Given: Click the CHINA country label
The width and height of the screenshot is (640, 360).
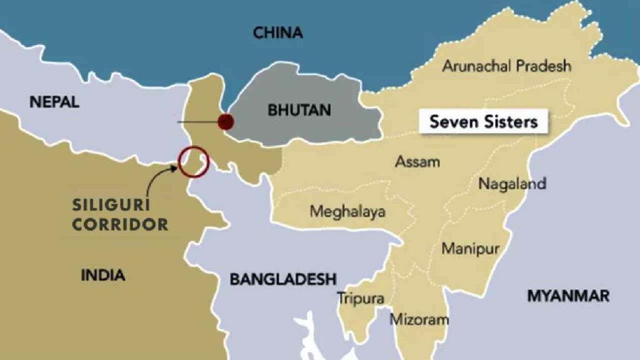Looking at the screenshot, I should coord(277,33).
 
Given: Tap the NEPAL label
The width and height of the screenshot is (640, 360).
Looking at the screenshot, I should coord(54,102).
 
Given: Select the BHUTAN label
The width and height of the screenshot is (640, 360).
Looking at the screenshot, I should coord(299,111).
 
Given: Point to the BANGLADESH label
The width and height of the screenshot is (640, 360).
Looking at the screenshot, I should coord(282,279).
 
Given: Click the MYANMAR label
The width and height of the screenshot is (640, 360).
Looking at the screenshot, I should coord(568,296).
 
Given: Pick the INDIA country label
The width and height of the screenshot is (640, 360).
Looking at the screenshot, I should coord(103,274).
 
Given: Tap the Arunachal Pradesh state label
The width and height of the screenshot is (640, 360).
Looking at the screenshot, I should coord(506,66).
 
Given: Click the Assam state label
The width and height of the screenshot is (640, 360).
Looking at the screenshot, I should coord(417,162).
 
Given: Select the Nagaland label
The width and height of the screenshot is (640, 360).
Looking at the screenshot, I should coord(512,184).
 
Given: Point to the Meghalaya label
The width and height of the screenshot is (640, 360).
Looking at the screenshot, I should coord(347,211).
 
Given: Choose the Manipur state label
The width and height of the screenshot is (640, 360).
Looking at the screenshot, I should coord(470,248).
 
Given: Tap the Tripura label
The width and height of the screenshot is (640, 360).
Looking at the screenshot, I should coord(361,299).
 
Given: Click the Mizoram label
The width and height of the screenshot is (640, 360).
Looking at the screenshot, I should coord(419,319).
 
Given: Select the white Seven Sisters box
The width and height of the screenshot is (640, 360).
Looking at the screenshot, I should coord(483,121).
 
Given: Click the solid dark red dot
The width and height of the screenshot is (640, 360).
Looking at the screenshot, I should coord(226,121).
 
